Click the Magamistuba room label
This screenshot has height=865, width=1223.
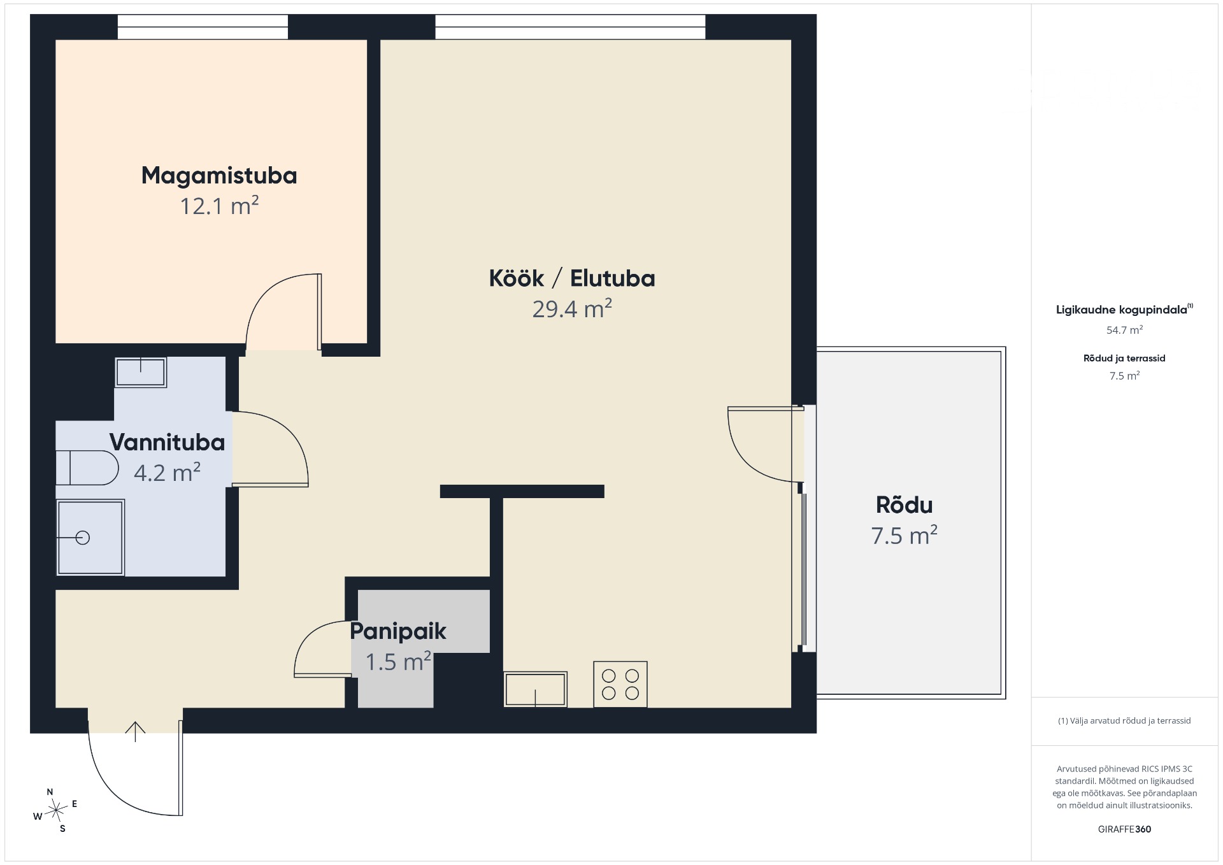[x=219, y=176]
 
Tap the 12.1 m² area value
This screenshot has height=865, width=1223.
[x=219, y=206]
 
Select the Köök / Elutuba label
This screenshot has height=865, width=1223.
[x=572, y=278]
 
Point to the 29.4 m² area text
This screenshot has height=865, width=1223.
[x=572, y=309]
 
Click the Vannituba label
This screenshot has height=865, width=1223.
[x=167, y=442]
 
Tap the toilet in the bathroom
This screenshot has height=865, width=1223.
[x=87, y=468]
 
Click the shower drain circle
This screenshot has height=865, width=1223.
[x=83, y=538]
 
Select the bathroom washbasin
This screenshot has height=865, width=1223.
[x=141, y=373]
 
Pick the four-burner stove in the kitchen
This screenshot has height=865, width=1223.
[x=620, y=684]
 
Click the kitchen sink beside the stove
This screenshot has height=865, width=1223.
[x=535, y=689]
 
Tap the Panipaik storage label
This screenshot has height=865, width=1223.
[x=398, y=631]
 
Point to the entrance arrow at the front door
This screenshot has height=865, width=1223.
[x=135, y=732]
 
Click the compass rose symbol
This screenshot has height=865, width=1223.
[x=56, y=810]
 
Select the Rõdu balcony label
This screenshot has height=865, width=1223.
[x=905, y=505]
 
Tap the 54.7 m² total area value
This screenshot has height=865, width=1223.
[x=1124, y=330]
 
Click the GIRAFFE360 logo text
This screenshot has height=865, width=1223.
[x=1124, y=829]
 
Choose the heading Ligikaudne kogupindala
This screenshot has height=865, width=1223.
[x=1122, y=310]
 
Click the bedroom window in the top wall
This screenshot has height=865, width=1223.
[x=203, y=27]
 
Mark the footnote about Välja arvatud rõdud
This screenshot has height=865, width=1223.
[x=1124, y=721]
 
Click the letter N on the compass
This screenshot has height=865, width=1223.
[x=50, y=792]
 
